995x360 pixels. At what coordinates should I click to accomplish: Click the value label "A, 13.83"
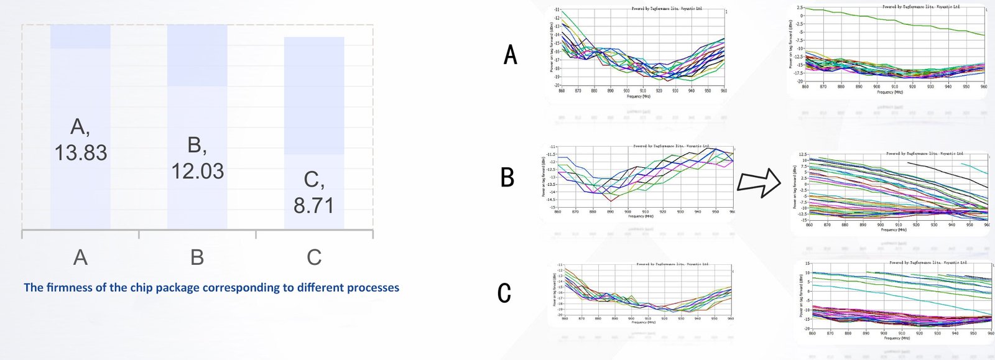[80, 140]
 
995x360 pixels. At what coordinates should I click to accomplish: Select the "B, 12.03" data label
[197, 158]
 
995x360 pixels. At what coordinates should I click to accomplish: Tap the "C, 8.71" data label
[314, 192]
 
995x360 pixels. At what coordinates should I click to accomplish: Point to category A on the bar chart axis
[80, 257]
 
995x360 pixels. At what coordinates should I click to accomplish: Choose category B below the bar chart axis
[197, 257]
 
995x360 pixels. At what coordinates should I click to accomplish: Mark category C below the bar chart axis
[314, 257]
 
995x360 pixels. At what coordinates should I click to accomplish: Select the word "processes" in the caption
[373, 287]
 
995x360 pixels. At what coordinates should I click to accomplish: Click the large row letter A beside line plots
[510, 55]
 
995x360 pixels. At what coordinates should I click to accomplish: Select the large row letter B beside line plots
[507, 178]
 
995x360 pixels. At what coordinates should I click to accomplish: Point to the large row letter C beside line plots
[505, 293]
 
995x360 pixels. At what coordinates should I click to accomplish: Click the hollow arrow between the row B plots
[758, 183]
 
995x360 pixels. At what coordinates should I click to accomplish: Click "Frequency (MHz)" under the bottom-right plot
[896, 338]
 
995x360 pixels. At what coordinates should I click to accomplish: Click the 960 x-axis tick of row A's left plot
[724, 91]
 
